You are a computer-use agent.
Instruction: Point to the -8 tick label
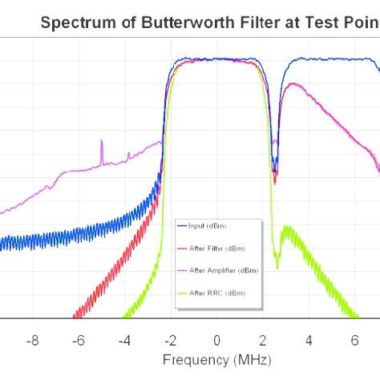click(x=33, y=339)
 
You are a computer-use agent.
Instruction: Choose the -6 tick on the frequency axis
click(x=79, y=339)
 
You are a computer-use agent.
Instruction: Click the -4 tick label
click(x=124, y=339)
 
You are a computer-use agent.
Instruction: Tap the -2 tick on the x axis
click(x=170, y=339)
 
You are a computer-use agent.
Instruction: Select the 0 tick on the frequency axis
click(x=216, y=339)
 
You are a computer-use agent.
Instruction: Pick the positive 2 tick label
click(x=262, y=339)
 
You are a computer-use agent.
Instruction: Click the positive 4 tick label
click(x=309, y=339)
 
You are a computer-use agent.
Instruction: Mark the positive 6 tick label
click(x=354, y=339)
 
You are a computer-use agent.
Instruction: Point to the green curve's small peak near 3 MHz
click(x=287, y=229)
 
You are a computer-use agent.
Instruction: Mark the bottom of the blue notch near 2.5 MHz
click(x=274, y=170)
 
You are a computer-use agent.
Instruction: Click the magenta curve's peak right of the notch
click(x=291, y=83)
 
